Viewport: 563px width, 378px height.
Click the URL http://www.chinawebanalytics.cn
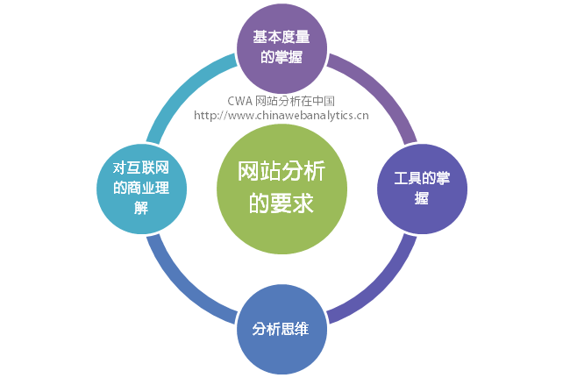[x=281, y=115]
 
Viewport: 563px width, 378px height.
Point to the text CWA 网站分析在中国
[x=281, y=101]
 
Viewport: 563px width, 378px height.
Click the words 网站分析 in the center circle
[x=281, y=172]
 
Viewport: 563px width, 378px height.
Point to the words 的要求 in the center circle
[x=281, y=203]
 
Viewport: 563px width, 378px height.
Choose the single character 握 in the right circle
[x=422, y=198]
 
